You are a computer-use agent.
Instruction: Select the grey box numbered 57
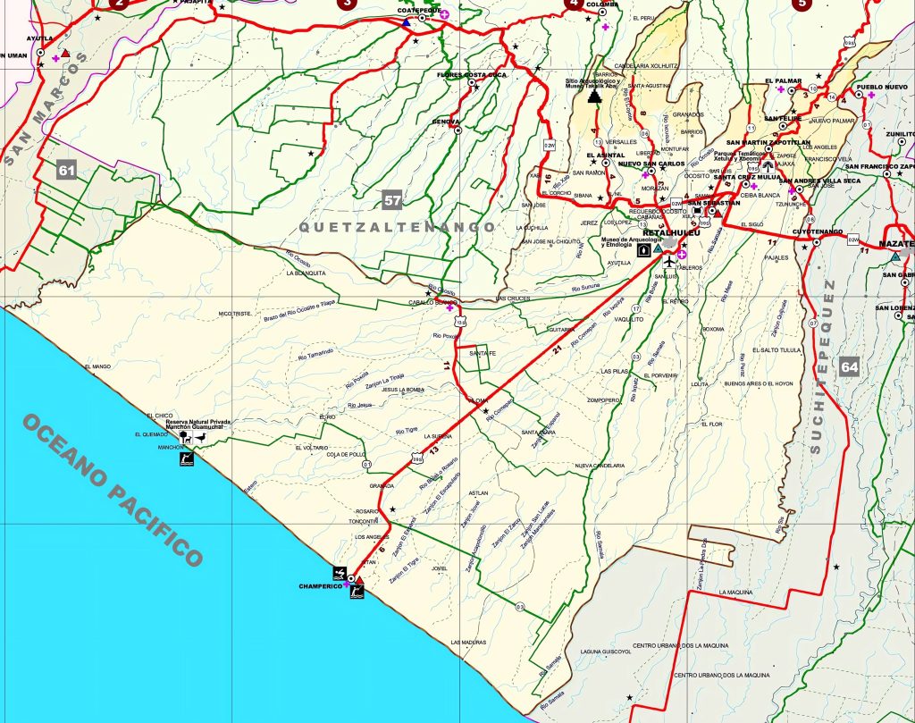pos(392,200)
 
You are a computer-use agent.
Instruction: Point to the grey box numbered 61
pos(65,170)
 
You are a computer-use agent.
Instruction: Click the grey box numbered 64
pos(849,366)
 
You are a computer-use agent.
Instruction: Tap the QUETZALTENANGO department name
pos(397,227)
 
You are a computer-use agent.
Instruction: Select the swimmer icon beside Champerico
pos(340,571)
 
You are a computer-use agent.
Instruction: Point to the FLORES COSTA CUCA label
pos(471,75)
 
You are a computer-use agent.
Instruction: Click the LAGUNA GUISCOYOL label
pos(607,652)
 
